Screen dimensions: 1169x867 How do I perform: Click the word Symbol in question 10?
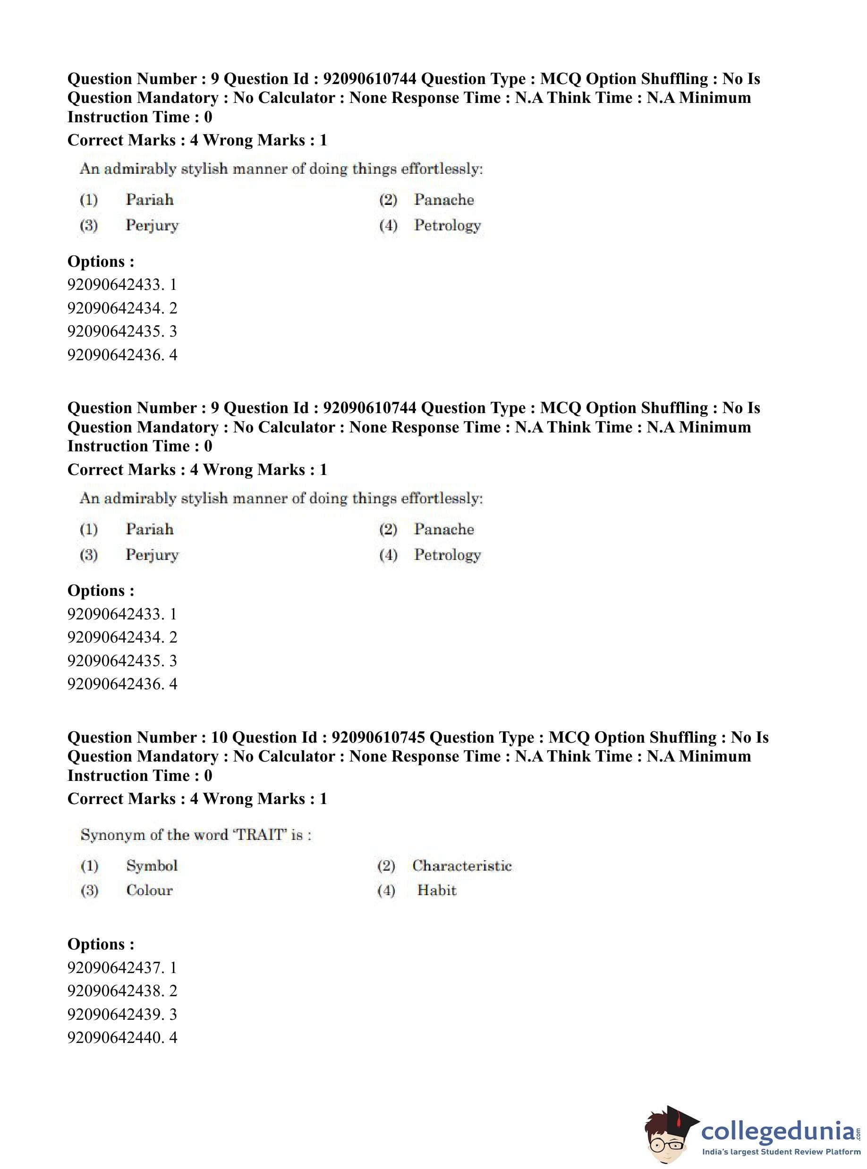pos(152,865)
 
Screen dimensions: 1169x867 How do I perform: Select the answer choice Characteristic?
pos(461,865)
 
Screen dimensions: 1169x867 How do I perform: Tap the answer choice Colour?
pos(149,890)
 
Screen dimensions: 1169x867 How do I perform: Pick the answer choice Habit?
pos(437,890)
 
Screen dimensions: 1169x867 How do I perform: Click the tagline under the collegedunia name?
pos(781,1152)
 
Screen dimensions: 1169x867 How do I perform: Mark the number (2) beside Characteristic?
pos(386,866)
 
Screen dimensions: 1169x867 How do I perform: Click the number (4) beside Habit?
pos(386,890)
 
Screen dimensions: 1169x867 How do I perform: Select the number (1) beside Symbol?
pos(89,866)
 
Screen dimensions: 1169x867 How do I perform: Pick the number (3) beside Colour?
pos(89,890)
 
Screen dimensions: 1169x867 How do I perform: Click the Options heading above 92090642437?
pos(101,944)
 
